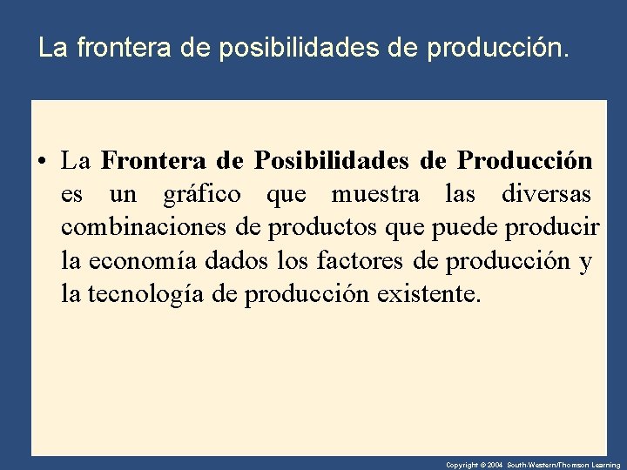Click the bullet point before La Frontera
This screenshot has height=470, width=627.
click(x=41, y=162)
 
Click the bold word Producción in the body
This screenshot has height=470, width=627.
click(x=525, y=161)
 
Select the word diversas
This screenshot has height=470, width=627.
click(x=547, y=194)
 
